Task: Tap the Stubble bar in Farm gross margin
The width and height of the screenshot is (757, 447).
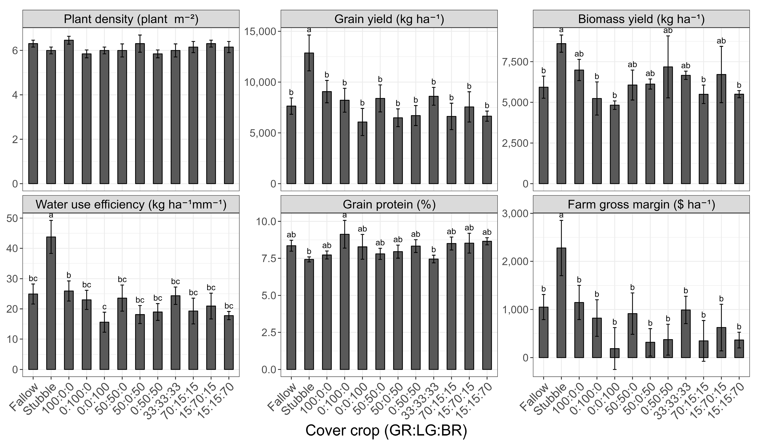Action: (561, 303)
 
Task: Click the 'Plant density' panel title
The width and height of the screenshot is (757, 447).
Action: (131, 19)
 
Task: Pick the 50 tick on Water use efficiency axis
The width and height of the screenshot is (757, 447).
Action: (12, 218)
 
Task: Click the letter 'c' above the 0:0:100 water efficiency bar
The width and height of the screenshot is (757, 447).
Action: (104, 307)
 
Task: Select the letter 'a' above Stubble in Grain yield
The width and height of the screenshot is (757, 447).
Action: (309, 30)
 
